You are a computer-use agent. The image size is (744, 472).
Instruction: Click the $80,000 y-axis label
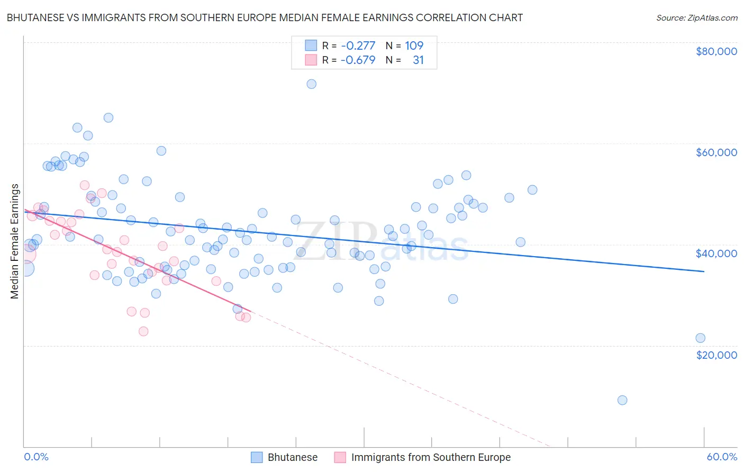(716, 51)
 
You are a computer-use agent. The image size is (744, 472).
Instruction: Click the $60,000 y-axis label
(716, 152)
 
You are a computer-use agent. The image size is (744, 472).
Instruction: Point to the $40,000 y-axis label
(716, 253)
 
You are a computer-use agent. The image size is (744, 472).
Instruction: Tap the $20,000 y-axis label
(716, 355)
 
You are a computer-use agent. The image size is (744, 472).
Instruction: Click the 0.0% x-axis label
(36, 457)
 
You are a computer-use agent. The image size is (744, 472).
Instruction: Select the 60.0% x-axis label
(721, 457)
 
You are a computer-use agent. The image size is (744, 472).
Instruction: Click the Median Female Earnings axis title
(15, 241)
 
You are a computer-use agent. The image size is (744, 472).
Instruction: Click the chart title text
(265, 17)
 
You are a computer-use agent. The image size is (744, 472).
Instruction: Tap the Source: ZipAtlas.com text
(696, 17)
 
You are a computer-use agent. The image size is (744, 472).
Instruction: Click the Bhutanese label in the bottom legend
(292, 457)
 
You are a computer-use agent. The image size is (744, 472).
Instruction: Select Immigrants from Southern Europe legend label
(431, 457)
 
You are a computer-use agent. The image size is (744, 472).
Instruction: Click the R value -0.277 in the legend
(358, 46)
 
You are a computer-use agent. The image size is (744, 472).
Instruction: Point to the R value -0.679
(358, 60)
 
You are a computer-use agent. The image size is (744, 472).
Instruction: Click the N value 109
(414, 46)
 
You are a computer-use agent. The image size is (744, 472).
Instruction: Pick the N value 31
(418, 60)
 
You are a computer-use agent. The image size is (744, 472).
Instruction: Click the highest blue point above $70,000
(312, 84)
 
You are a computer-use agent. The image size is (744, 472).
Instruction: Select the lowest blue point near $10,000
(622, 400)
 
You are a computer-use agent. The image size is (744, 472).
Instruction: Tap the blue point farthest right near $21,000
(700, 338)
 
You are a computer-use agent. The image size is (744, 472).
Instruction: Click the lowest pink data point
(143, 331)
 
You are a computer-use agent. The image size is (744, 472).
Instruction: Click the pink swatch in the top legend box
(311, 60)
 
